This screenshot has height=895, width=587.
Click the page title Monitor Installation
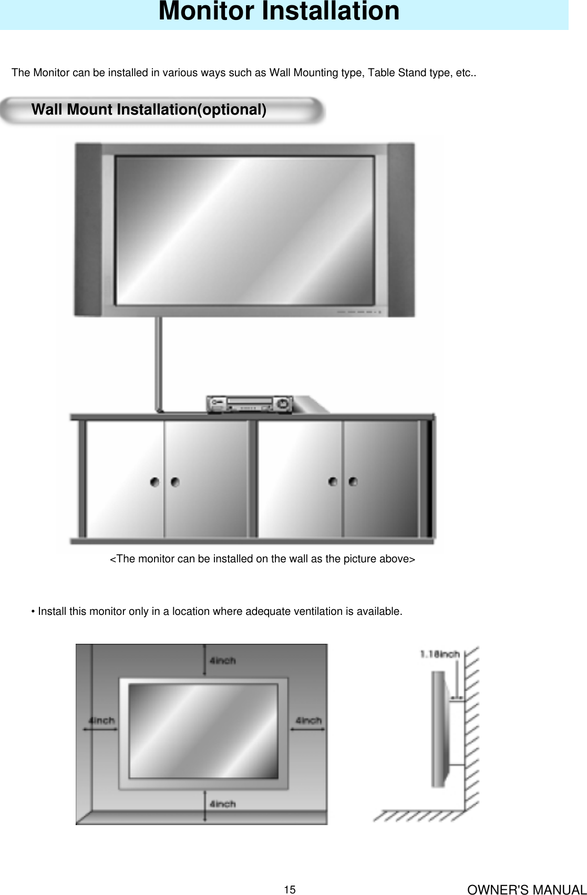pyautogui.click(x=279, y=12)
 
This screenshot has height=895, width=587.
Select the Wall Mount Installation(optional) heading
pyautogui.click(x=149, y=109)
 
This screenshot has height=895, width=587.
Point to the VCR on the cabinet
pyautogui.click(x=249, y=404)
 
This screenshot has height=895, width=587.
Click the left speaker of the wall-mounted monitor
pyautogui.click(x=87, y=229)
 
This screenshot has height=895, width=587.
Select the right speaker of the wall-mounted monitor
pyautogui.click(x=401, y=229)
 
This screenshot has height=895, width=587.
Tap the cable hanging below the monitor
pyautogui.click(x=158, y=363)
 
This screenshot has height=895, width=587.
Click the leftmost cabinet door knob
pyautogui.click(x=155, y=482)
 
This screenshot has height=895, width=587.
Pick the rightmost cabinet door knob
pyautogui.click(x=353, y=481)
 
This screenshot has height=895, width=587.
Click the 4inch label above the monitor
pyautogui.click(x=223, y=661)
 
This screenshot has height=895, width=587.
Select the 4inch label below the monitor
pyautogui.click(x=223, y=804)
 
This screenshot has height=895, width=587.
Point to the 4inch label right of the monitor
pyautogui.click(x=308, y=720)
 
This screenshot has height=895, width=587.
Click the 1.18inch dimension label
pyautogui.click(x=440, y=654)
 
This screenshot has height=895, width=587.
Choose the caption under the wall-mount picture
pyautogui.click(x=262, y=559)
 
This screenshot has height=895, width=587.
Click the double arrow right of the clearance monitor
pyautogui.click(x=307, y=729)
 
